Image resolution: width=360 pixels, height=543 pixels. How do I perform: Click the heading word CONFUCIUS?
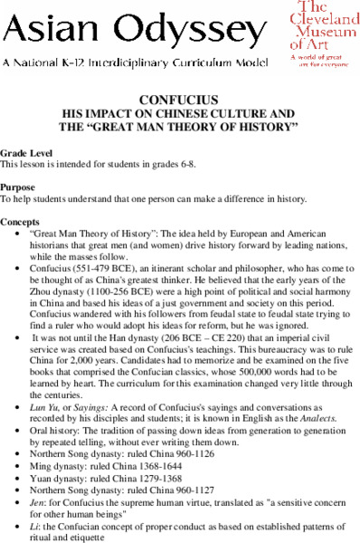179,99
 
